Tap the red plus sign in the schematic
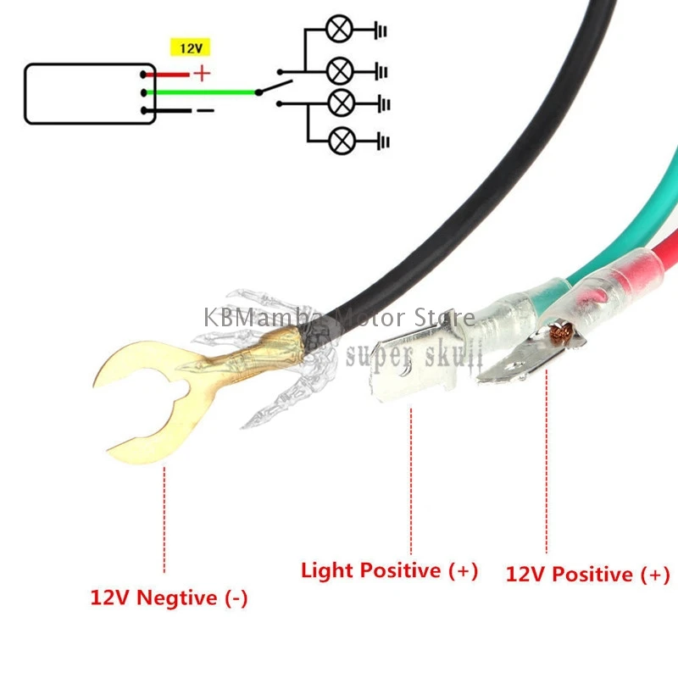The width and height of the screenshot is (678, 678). (x=202, y=73)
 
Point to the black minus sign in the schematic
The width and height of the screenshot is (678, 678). (x=205, y=110)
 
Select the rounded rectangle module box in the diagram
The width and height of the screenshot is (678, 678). (x=89, y=93)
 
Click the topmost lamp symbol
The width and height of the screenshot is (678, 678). (x=341, y=31)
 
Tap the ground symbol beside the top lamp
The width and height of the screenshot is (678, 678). (x=381, y=31)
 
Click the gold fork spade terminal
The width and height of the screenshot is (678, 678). (x=144, y=398)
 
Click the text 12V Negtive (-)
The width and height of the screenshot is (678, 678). (x=169, y=597)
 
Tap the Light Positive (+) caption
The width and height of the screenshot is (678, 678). (x=390, y=570)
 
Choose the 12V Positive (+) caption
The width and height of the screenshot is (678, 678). (x=587, y=575)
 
